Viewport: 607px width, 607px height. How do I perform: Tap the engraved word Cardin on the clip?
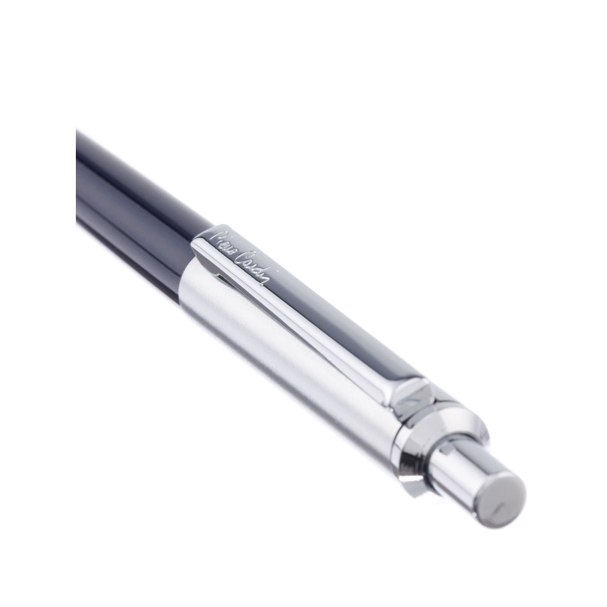coord(254,267)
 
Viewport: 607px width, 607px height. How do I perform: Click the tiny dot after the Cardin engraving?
coord(275,273)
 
